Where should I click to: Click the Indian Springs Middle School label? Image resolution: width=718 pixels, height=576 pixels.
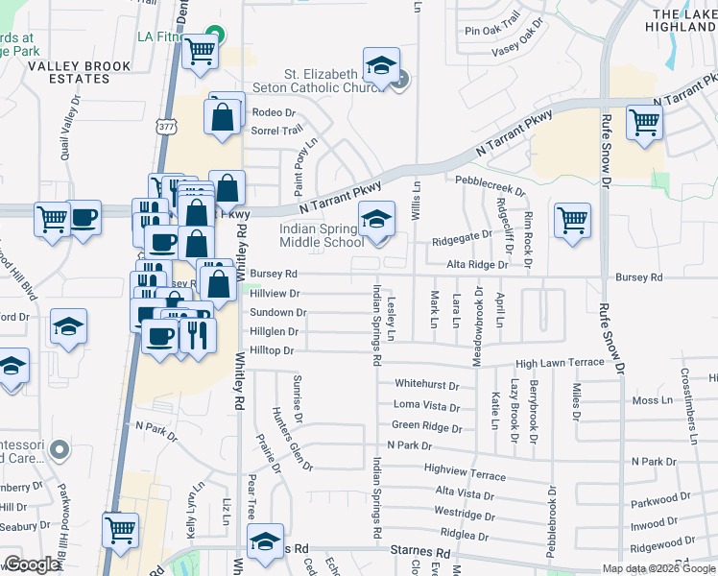point(322,236)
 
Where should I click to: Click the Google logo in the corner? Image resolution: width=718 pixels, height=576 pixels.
point(32,564)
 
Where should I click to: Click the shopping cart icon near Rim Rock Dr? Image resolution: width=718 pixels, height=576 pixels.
point(572,220)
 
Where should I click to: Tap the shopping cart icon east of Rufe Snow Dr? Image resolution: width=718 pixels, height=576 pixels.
point(644,123)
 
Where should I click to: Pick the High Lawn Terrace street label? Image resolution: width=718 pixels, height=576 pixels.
point(560,363)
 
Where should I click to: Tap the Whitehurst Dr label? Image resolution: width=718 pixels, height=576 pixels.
point(427,383)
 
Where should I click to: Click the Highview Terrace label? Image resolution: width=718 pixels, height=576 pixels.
point(465,474)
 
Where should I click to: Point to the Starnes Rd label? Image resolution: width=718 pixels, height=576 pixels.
point(420,554)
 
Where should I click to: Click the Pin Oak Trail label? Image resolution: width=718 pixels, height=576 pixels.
point(491,31)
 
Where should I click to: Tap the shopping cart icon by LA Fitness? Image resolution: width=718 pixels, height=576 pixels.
point(201,53)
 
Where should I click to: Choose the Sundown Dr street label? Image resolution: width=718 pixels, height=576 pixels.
point(277,313)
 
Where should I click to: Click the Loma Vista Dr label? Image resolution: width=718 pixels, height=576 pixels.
point(426,405)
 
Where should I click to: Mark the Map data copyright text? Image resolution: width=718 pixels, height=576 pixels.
point(658,568)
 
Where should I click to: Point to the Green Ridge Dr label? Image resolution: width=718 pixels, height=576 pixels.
point(425,425)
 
